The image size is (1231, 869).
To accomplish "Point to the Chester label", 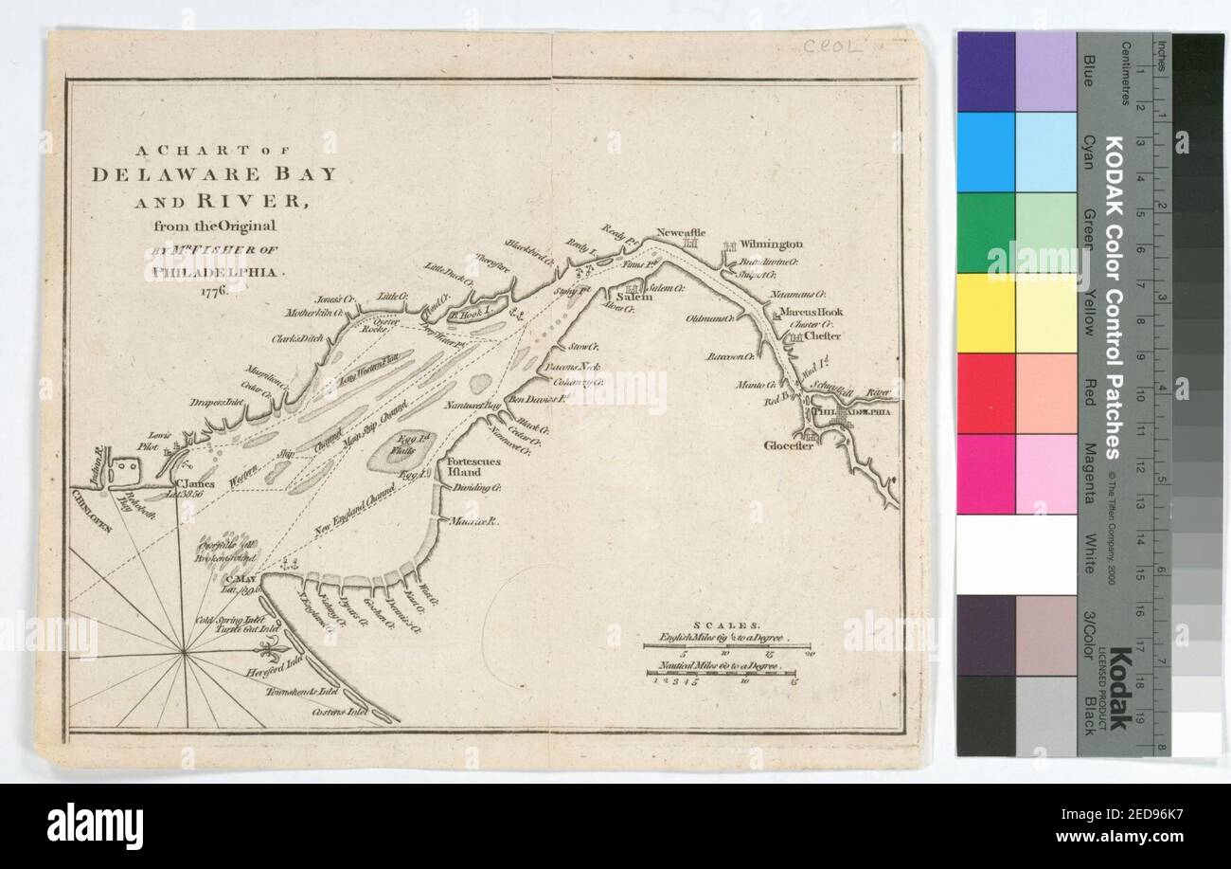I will click(822, 335).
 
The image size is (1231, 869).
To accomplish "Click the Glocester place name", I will click(789, 445).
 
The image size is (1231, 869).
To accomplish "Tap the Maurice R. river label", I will click(467, 522).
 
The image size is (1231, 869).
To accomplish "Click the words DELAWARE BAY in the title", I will click(213, 174).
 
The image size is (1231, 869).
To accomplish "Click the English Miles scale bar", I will click(727, 645).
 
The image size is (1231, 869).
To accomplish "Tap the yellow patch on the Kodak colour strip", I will click(986, 312).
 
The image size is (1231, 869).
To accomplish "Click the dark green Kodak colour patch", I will click(986, 232).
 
